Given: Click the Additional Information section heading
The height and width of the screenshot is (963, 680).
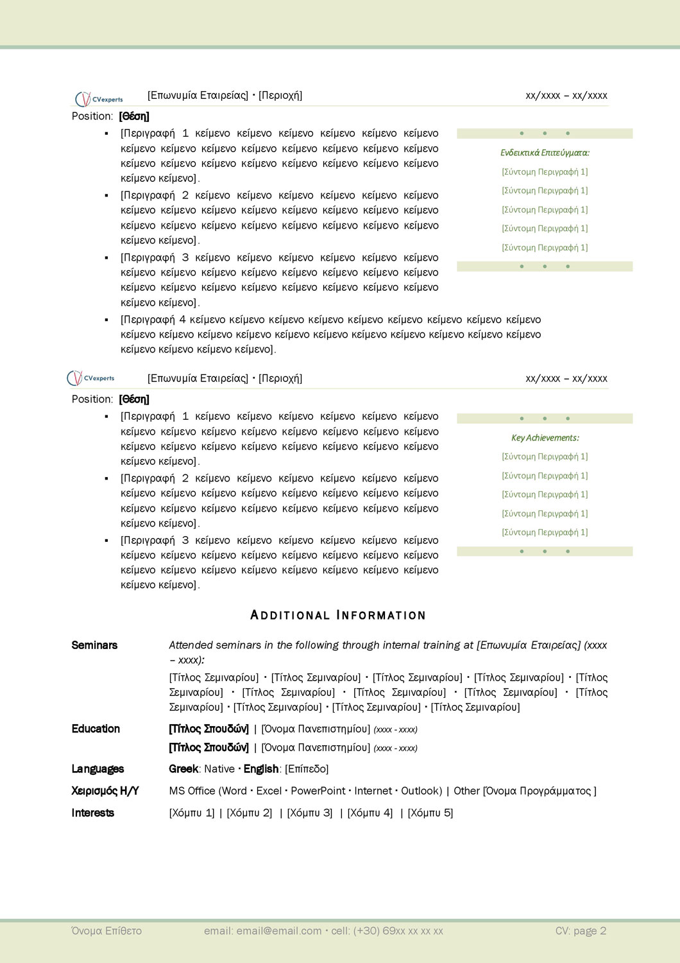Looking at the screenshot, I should (x=337, y=615).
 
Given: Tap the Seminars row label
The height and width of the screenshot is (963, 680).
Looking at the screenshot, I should (x=94, y=645).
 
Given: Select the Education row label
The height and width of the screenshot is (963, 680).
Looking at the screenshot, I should (x=96, y=729).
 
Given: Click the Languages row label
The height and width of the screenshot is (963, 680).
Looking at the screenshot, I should (x=98, y=769).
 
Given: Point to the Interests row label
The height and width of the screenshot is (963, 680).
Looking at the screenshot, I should (x=92, y=813).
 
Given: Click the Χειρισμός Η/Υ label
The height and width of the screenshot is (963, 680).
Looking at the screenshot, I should (x=105, y=791).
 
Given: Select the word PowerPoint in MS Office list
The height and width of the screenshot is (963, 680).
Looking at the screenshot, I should (x=318, y=791).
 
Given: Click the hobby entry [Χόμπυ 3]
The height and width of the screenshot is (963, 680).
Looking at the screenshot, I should (x=310, y=813).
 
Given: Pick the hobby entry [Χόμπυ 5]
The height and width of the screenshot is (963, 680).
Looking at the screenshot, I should (x=430, y=813).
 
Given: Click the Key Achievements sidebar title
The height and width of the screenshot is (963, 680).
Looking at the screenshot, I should (x=545, y=438).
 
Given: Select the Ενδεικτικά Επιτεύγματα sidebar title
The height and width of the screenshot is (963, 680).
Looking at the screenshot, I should (x=545, y=153).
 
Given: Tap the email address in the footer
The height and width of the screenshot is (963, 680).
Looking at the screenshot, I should (x=279, y=931).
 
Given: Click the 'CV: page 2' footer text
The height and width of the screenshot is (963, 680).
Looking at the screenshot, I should (x=581, y=931).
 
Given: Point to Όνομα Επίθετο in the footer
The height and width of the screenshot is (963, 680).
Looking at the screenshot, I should (x=106, y=931).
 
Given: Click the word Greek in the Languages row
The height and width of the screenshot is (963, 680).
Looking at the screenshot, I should (x=183, y=769).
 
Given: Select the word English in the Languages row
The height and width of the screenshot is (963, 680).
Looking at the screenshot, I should (x=260, y=769).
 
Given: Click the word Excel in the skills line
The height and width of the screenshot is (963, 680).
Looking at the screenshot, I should (x=269, y=791).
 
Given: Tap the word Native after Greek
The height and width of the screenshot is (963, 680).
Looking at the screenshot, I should (x=219, y=769).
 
